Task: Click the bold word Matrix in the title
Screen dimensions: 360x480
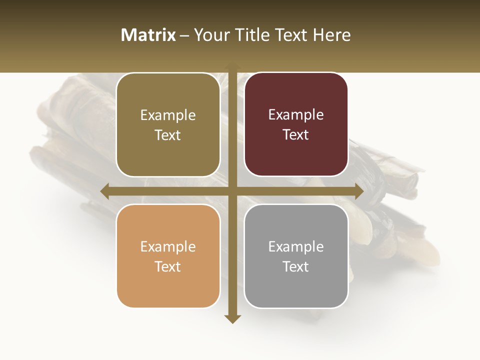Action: click(x=148, y=35)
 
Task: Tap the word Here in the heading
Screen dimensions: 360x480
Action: click(x=332, y=35)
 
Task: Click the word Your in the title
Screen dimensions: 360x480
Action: click(x=209, y=35)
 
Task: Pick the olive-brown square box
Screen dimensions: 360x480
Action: click(x=168, y=124)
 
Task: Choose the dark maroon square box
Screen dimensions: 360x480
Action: click(x=296, y=124)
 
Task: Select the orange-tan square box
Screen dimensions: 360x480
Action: click(x=168, y=256)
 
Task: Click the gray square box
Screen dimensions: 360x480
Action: click(x=296, y=256)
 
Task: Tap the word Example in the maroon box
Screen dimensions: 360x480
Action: click(x=296, y=114)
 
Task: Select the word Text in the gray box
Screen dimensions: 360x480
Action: click(x=296, y=266)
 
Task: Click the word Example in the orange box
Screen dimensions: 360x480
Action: click(x=168, y=246)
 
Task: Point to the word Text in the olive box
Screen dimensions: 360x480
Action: click(x=168, y=135)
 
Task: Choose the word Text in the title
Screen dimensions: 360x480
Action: click(x=289, y=35)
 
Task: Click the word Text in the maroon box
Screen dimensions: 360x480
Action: click(x=296, y=134)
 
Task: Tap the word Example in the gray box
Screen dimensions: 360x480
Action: click(x=296, y=246)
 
